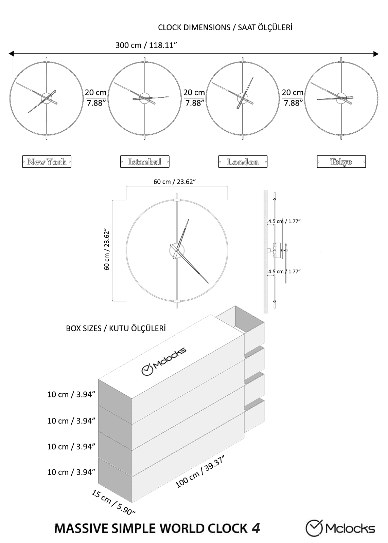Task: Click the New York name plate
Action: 47,162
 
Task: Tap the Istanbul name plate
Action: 145,162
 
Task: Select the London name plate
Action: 243,162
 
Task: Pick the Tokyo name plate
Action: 341,162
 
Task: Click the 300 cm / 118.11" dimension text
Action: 146,45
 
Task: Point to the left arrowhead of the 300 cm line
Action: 11,54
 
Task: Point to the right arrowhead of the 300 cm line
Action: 376,54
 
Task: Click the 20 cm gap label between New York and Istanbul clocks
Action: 95,98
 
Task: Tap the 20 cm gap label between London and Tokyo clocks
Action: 293,98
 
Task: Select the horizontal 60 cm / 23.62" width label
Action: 175,182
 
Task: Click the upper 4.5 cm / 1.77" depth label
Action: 284,221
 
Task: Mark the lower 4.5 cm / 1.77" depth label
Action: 284,271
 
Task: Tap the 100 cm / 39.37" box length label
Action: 200,472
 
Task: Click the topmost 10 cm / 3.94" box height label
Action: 71,394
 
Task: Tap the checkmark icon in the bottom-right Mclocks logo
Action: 314,528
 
